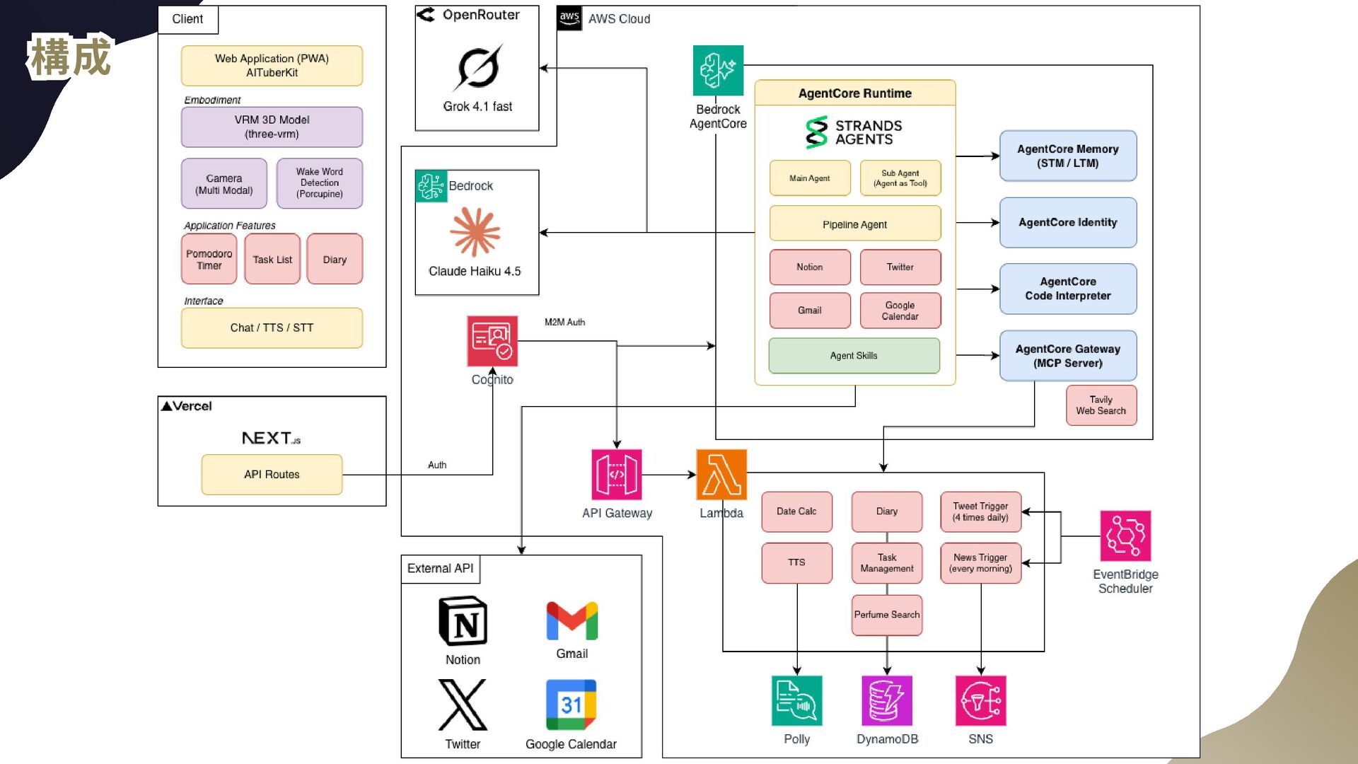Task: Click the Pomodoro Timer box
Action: [209, 260]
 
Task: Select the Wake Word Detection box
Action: [319, 183]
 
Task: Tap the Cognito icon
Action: [492, 341]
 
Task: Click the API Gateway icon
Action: [617, 475]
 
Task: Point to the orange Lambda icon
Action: [721, 475]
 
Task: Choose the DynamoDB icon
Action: [887, 700]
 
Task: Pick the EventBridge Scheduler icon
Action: [1125, 536]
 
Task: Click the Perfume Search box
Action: [887, 615]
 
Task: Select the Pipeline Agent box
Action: [854, 224]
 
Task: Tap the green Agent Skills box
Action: [854, 356]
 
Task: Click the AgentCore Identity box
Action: [1067, 223]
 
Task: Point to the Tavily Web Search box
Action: [1101, 405]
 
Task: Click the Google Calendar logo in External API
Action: [571, 705]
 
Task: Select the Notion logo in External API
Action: [463, 621]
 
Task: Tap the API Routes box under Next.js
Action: [272, 475]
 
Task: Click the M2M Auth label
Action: [564, 323]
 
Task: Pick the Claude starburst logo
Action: [475, 232]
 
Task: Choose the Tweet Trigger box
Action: [980, 511]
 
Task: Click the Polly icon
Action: [796, 700]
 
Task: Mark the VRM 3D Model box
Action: [272, 127]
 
